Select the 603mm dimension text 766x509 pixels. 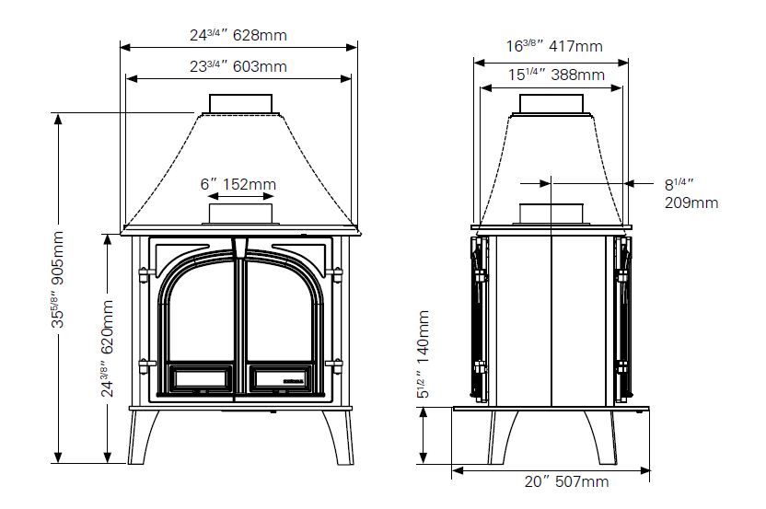[x=238, y=66]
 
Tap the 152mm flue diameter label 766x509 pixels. [x=238, y=184]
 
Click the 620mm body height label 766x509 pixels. [x=108, y=348]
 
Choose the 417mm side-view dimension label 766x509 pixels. [x=554, y=45]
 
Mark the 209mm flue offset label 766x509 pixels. [x=691, y=193]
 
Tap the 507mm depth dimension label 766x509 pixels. [x=554, y=481]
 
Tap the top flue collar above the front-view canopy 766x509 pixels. [x=239, y=104]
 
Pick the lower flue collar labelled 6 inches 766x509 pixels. [x=239, y=214]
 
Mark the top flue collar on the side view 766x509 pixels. [x=550, y=103]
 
